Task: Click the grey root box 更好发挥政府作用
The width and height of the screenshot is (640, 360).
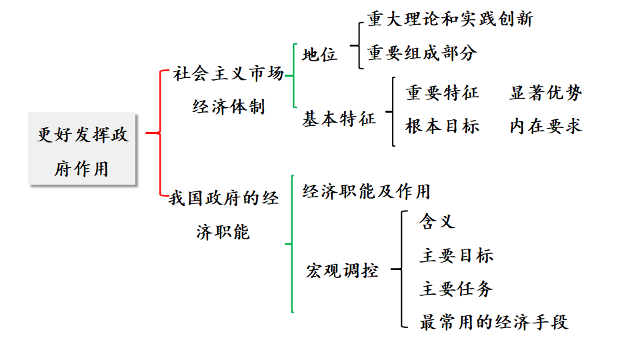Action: [83, 151]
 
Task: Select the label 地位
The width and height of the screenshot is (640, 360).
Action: [320, 55]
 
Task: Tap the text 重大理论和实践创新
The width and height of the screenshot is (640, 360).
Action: [450, 19]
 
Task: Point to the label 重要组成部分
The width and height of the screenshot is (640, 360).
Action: [422, 53]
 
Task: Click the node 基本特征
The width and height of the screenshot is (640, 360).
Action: [339, 119]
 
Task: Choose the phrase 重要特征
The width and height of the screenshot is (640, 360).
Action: [442, 93]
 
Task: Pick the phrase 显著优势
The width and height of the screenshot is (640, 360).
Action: [545, 93]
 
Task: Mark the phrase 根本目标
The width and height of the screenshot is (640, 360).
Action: [442, 126]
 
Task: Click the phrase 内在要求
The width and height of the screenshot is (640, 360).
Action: [545, 126]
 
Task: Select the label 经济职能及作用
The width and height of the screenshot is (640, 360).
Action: [367, 192]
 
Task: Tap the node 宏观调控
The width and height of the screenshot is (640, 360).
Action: [343, 271]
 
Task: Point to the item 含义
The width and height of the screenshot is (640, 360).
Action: [437, 221]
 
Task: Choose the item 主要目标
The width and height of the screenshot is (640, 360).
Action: [457, 255]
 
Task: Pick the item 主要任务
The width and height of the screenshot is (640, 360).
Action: [457, 289]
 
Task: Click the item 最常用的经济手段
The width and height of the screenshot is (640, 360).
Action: [493, 323]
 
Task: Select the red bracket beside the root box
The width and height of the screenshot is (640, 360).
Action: [161, 133]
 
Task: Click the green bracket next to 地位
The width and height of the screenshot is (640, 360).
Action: [294, 75]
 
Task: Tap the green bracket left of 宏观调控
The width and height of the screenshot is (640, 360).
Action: [292, 244]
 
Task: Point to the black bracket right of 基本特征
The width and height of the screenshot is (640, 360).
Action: [393, 111]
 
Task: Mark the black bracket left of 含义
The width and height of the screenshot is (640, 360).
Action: [403, 269]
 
